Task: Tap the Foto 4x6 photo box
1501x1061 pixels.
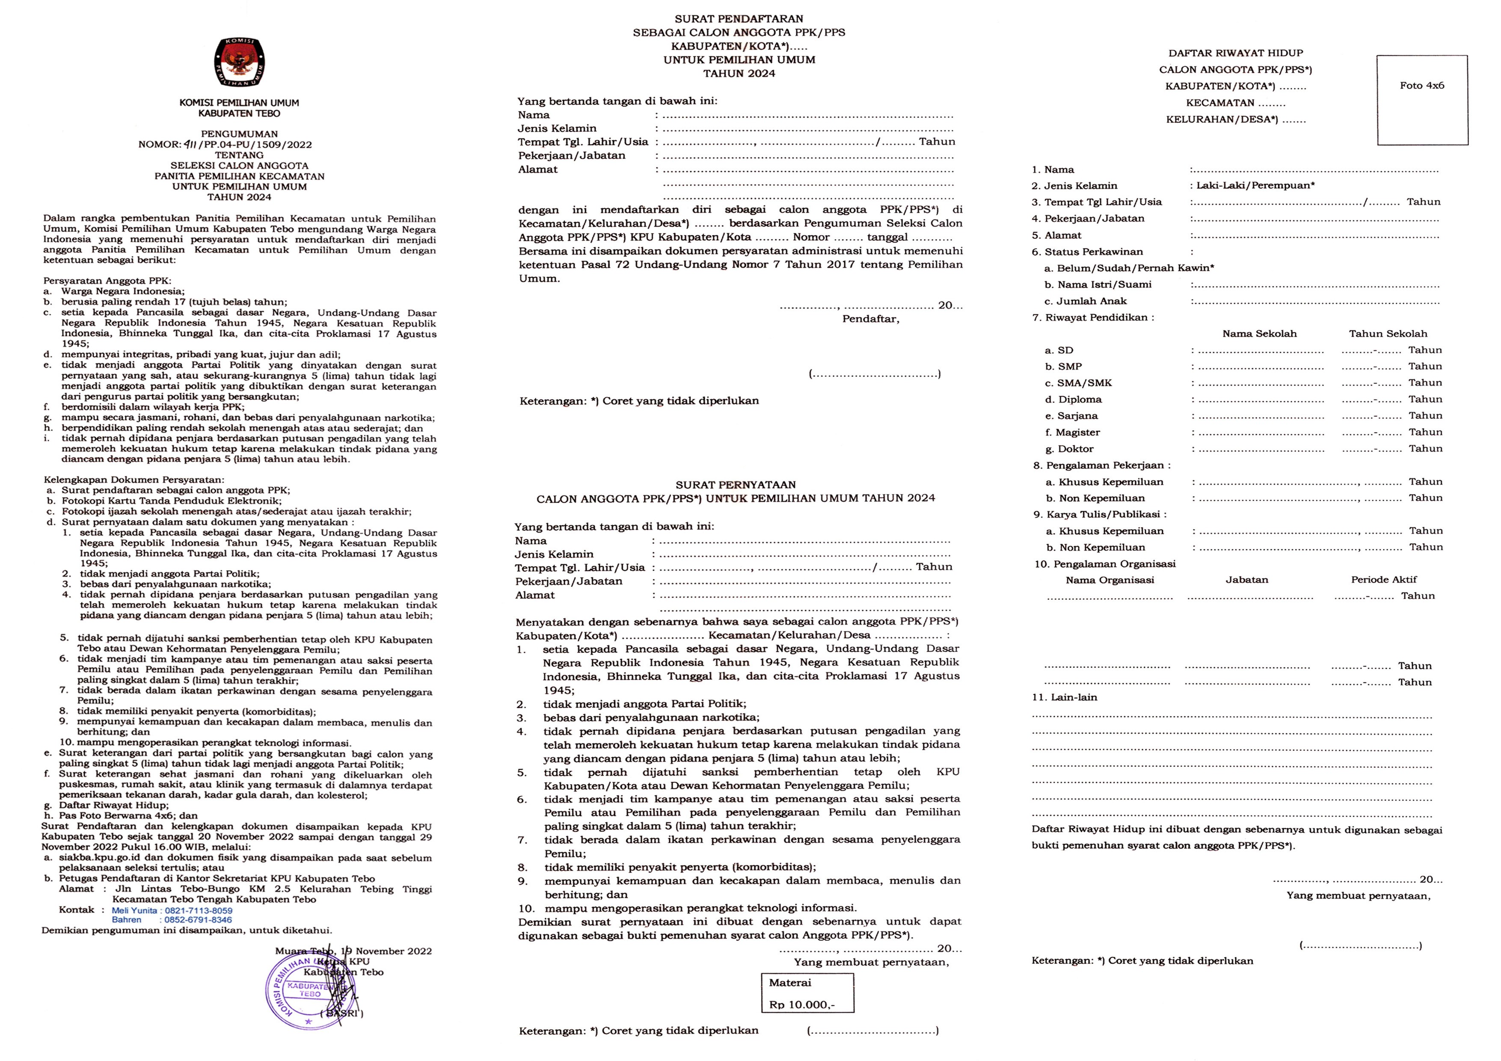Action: point(1421,100)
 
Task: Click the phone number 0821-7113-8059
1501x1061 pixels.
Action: point(198,910)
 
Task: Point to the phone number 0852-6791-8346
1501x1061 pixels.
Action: point(198,920)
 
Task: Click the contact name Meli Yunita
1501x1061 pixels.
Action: point(134,910)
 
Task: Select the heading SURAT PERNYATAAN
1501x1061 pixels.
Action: point(736,484)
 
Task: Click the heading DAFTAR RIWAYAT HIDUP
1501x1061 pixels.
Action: point(1236,53)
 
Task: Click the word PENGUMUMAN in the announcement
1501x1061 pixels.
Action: point(239,134)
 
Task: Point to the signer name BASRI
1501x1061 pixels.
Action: point(342,1013)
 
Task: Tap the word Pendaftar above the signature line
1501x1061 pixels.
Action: point(870,319)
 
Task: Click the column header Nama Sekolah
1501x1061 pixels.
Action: point(1259,333)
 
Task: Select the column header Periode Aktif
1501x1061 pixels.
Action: point(1383,579)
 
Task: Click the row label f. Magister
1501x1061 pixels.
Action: point(1072,432)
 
